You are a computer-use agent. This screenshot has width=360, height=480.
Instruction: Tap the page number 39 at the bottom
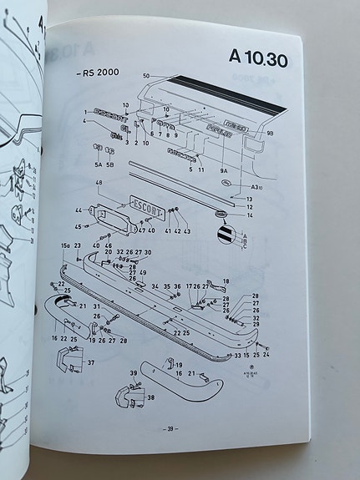click(x=170, y=429)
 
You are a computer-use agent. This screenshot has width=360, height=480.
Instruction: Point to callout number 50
click(x=145, y=77)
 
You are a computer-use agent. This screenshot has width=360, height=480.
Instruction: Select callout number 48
click(x=99, y=183)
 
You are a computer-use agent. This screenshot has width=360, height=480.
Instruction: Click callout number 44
click(x=79, y=210)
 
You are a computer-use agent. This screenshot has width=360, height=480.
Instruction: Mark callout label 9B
click(x=270, y=134)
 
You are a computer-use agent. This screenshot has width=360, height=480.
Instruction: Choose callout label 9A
click(x=224, y=170)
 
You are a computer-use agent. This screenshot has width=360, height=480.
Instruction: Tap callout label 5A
click(x=97, y=164)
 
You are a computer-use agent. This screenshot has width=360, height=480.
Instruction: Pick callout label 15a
click(x=65, y=245)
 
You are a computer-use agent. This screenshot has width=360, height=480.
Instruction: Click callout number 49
click(x=143, y=272)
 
